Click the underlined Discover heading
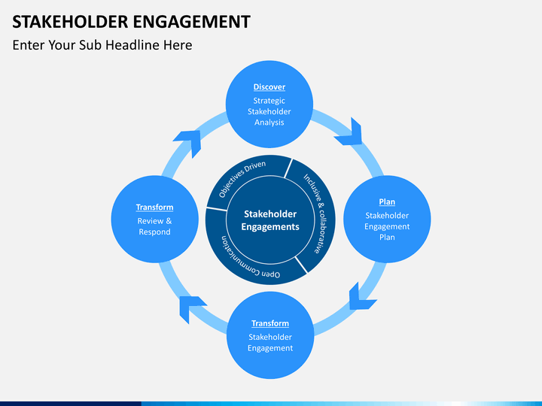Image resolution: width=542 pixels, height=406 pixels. [269, 87]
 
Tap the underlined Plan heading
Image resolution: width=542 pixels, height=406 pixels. [387, 202]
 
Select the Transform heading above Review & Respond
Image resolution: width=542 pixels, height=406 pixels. [154, 208]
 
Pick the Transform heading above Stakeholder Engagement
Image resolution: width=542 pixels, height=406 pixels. [270, 323]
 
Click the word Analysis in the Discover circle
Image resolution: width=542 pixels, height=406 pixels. [269, 123]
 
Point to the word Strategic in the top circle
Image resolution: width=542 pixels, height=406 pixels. [269, 101]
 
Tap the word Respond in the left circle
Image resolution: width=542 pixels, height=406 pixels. [154, 232]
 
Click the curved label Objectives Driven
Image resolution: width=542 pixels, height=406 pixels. [242, 178]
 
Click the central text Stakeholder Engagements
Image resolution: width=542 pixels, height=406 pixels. [270, 220]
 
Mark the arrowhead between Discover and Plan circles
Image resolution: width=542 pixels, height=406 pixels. [349, 132]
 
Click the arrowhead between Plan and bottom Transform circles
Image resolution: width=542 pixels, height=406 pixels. [361, 297]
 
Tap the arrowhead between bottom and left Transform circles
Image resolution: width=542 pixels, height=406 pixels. [192, 309]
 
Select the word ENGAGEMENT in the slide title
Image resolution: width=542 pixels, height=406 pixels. [191, 22]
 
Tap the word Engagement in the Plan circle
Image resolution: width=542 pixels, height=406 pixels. [387, 227]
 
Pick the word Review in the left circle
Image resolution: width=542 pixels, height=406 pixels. [151, 221]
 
